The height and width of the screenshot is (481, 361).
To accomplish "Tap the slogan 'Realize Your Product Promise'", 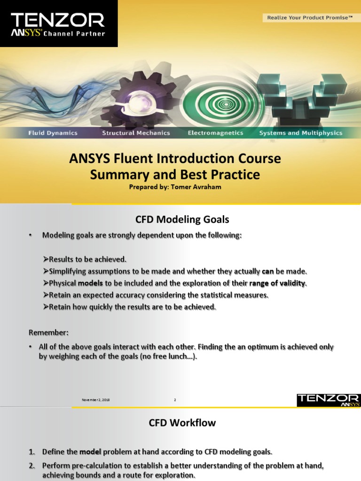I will pos(310,18).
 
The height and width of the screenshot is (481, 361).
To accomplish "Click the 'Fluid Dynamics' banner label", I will pos(53,133).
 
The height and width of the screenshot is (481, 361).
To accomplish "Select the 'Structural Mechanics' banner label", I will pos(136,133).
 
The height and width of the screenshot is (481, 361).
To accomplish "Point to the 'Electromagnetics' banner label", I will pos(215,133).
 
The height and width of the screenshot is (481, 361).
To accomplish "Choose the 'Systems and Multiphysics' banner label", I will pos(301,133).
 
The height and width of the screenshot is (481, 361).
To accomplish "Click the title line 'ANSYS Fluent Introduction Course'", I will pos(175,159).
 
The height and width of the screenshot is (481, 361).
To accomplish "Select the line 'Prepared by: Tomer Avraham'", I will pos(175,186).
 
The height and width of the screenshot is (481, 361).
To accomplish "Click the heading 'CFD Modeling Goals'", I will pos(182,219).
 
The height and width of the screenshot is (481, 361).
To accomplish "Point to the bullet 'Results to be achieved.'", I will pos(85,259).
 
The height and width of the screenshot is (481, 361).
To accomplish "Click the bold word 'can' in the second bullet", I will pos(268,272).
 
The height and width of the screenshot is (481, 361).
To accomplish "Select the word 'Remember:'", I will pos(48,333).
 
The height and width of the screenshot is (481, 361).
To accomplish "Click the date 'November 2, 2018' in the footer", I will pos(96,400).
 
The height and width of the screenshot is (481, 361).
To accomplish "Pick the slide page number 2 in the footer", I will pos(175,400).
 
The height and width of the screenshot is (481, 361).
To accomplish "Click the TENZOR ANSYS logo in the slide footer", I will pos(329,400).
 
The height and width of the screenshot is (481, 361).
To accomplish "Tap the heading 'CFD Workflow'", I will pos(182,423).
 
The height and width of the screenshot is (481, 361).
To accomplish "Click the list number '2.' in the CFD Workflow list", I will pos(32,465).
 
